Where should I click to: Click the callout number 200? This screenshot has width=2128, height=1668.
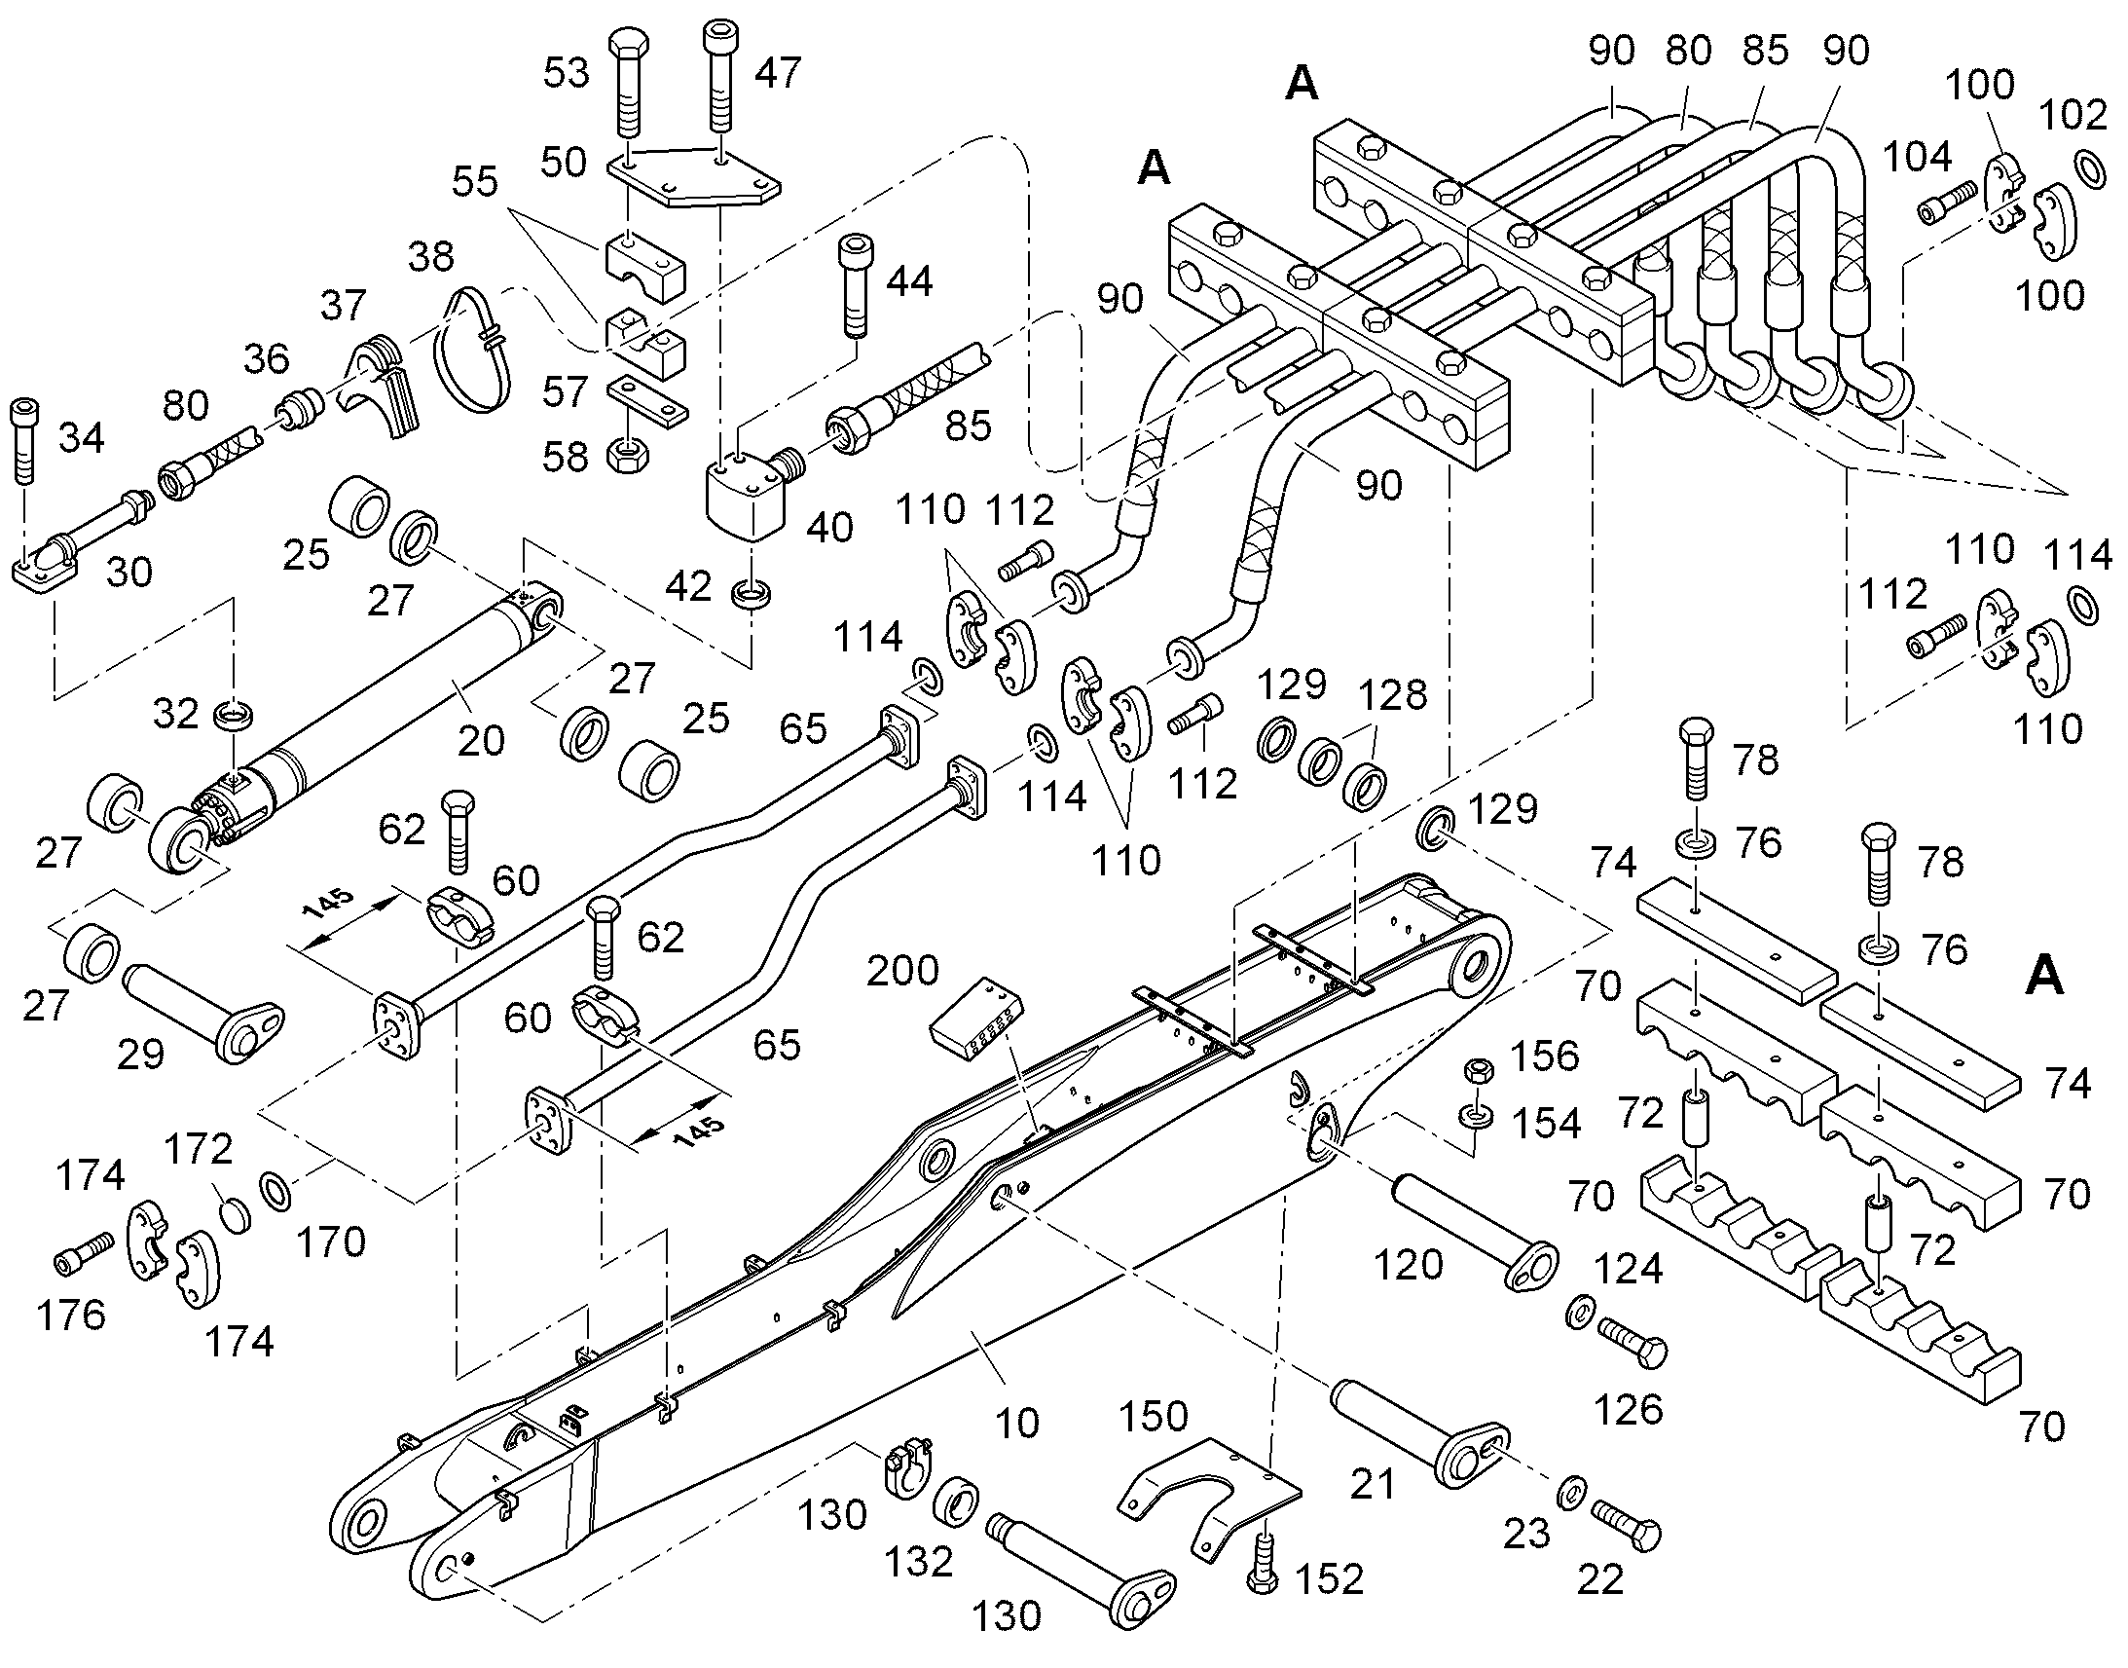tap(902, 971)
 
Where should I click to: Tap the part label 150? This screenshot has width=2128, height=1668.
tap(1153, 1417)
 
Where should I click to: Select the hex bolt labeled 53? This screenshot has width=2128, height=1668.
tap(629, 83)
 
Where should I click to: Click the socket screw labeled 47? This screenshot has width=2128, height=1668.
tap(720, 77)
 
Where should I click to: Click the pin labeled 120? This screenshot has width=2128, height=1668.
tap(1474, 1232)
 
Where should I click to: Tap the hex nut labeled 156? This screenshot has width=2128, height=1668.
tap(1477, 1069)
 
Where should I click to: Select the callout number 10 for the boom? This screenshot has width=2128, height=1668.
tap(1016, 1423)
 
